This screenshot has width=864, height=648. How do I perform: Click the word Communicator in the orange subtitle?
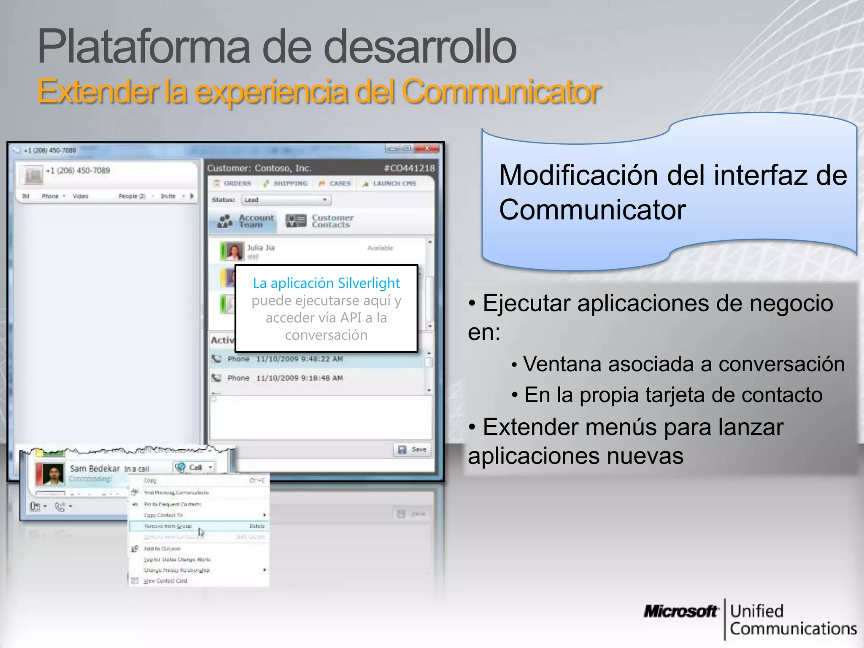pyautogui.click(x=501, y=92)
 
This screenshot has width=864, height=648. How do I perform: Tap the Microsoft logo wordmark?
pyautogui.click(x=680, y=611)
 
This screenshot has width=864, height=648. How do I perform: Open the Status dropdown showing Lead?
pyautogui.click(x=286, y=200)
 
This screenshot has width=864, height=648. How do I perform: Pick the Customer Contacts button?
pyautogui.click(x=320, y=221)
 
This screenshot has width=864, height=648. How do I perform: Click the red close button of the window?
pyautogui.click(x=427, y=148)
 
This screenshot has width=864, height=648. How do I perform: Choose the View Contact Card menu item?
pyautogui.click(x=165, y=581)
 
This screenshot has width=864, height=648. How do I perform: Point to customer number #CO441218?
pyautogui.click(x=409, y=168)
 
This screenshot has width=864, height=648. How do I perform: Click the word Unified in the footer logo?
pyautogui.click(x=757, y=611)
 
